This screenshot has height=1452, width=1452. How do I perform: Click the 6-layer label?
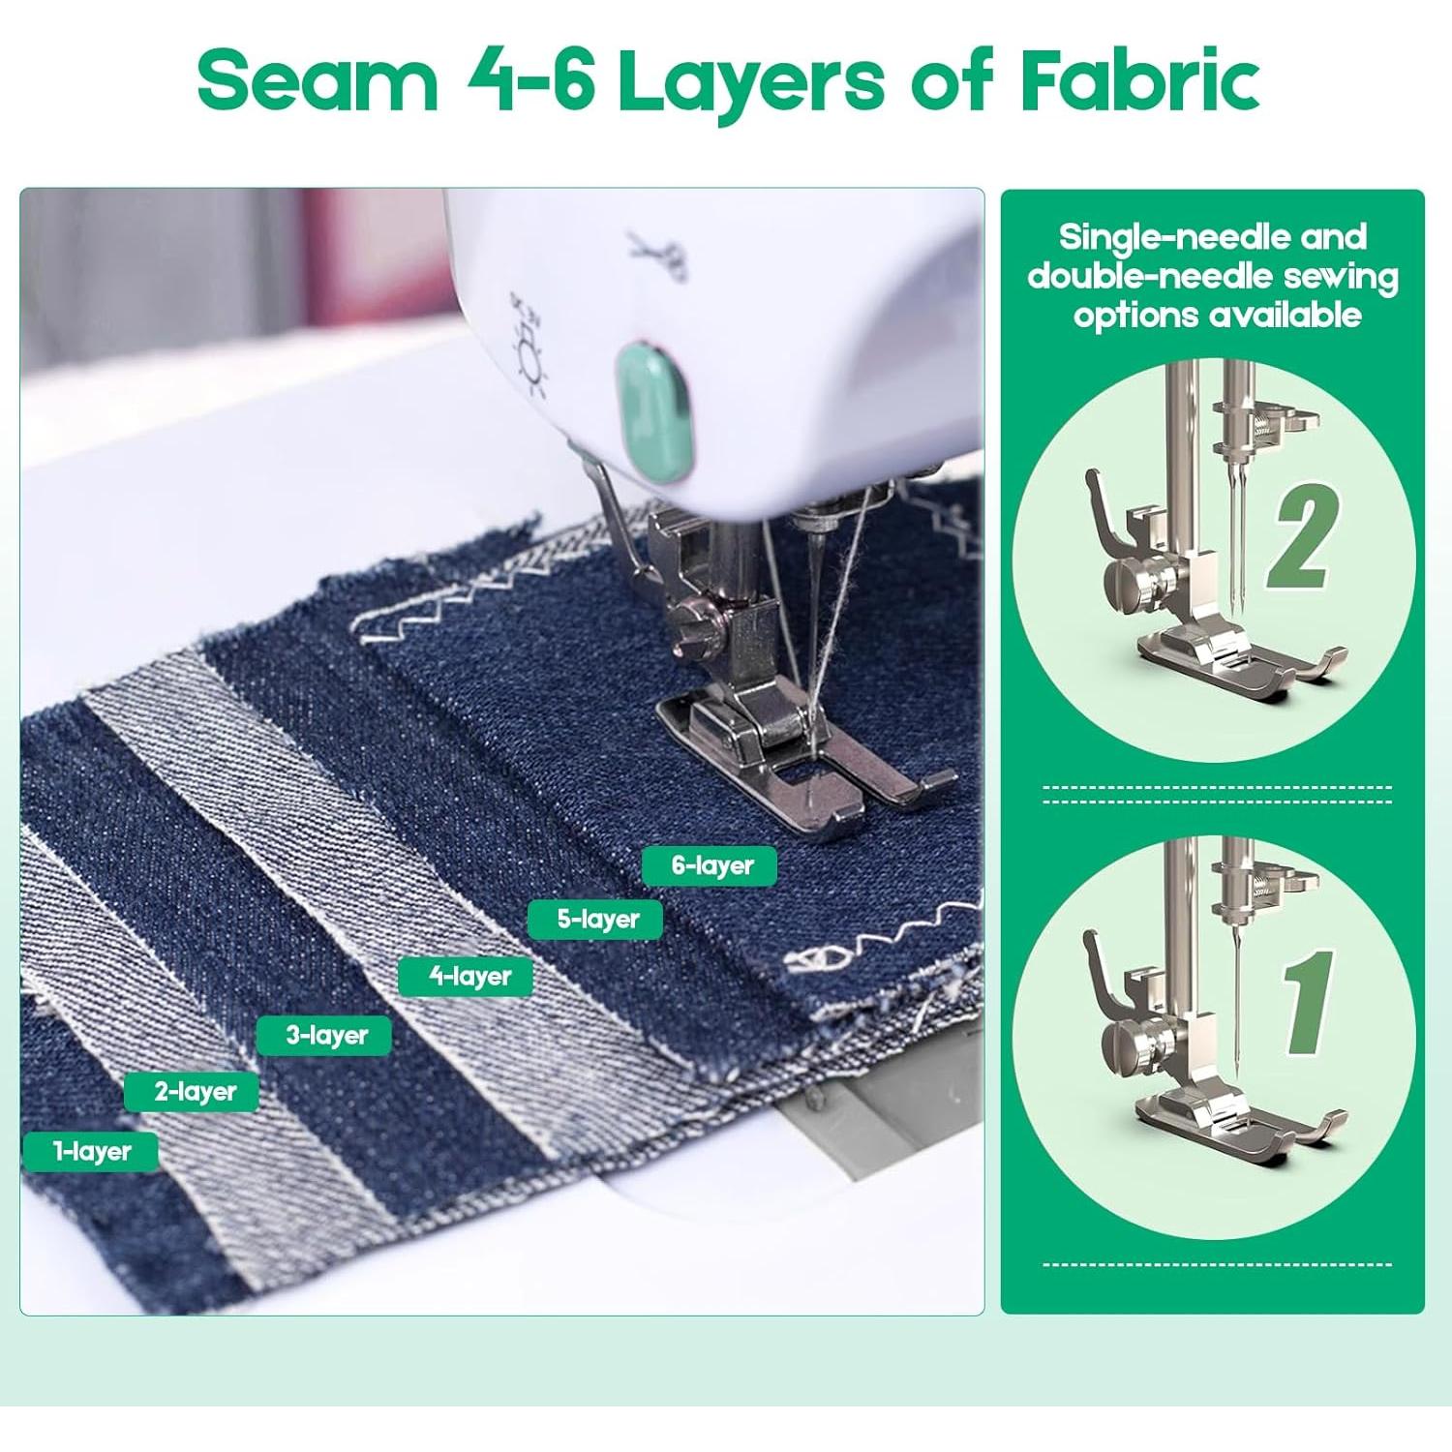pos(710,865)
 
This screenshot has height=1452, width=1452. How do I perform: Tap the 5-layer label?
pos(595,919)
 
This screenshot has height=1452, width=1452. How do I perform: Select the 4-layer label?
pos(467,976)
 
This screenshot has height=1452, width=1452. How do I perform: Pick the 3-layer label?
pos(325,1035)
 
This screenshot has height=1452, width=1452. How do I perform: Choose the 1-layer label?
pos(91,1151)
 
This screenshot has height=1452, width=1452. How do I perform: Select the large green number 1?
pos(1309,1002)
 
